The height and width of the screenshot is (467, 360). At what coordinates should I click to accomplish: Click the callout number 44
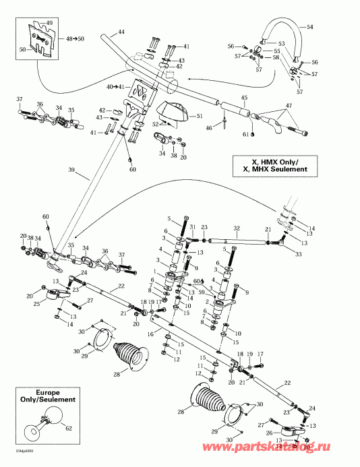click(121, 32)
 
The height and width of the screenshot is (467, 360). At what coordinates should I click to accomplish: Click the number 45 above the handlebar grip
click(244, 98)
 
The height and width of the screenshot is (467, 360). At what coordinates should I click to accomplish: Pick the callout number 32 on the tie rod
click(237, 228)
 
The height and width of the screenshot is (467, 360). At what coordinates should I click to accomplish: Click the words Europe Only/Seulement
click(46, 396)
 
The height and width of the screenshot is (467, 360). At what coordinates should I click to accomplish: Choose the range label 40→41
click(115, 87)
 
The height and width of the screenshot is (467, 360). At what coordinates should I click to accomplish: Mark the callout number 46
click(210, 127)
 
